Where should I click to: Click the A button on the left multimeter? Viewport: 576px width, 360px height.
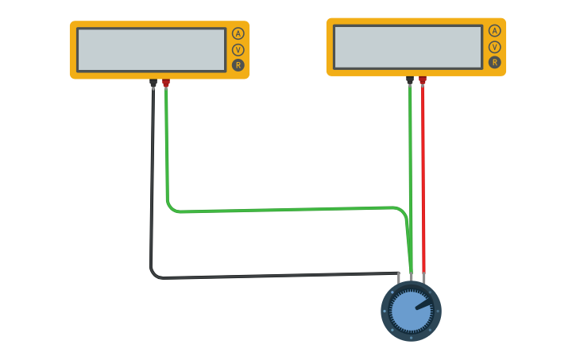tap(238, 33)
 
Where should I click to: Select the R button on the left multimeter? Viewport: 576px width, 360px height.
tap(238, 64)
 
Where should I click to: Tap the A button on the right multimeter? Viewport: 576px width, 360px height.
tap(494, 31)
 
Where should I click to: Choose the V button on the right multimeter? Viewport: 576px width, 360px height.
tap(494, 46)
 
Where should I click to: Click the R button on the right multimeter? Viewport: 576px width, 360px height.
tap(494, 62)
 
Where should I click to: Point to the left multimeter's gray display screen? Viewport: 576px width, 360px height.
tap(151, 50)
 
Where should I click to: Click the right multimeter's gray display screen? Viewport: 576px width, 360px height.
tap(408, 47)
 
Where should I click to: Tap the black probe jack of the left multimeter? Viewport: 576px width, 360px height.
tap(153, 83)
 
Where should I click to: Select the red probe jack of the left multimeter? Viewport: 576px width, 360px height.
tap(165, 83)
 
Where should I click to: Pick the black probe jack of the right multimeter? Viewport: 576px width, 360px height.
tap(409, 79)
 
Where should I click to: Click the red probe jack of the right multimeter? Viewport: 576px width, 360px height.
tap(422, 79)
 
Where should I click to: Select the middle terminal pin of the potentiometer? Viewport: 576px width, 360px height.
tap(411, 277)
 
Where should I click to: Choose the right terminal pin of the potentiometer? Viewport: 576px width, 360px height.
tap(424, 277)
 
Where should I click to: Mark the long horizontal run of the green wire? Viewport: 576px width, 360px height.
tap(286, 209)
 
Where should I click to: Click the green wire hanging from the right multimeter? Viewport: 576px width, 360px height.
tap(410, 143)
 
